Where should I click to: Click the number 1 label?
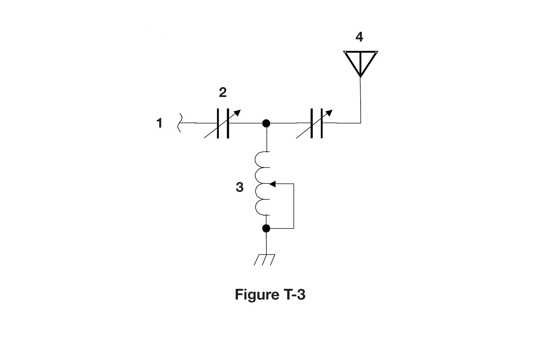(x=160, y=123)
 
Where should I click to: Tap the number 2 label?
(x=223, y=93)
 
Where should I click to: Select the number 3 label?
(x=239, y=187)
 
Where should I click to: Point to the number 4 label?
(x=359, y=37)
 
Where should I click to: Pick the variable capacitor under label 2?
(x=223, y=123)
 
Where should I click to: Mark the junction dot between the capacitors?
(x=266, y=123)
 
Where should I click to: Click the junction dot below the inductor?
(x=266, y=229)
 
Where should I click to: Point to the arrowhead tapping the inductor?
(x=272, y=184)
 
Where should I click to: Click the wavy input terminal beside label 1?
(x=179, y=123)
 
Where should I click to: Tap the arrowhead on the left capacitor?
(x=237, y=113)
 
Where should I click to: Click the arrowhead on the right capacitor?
(x=329, y=113)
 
